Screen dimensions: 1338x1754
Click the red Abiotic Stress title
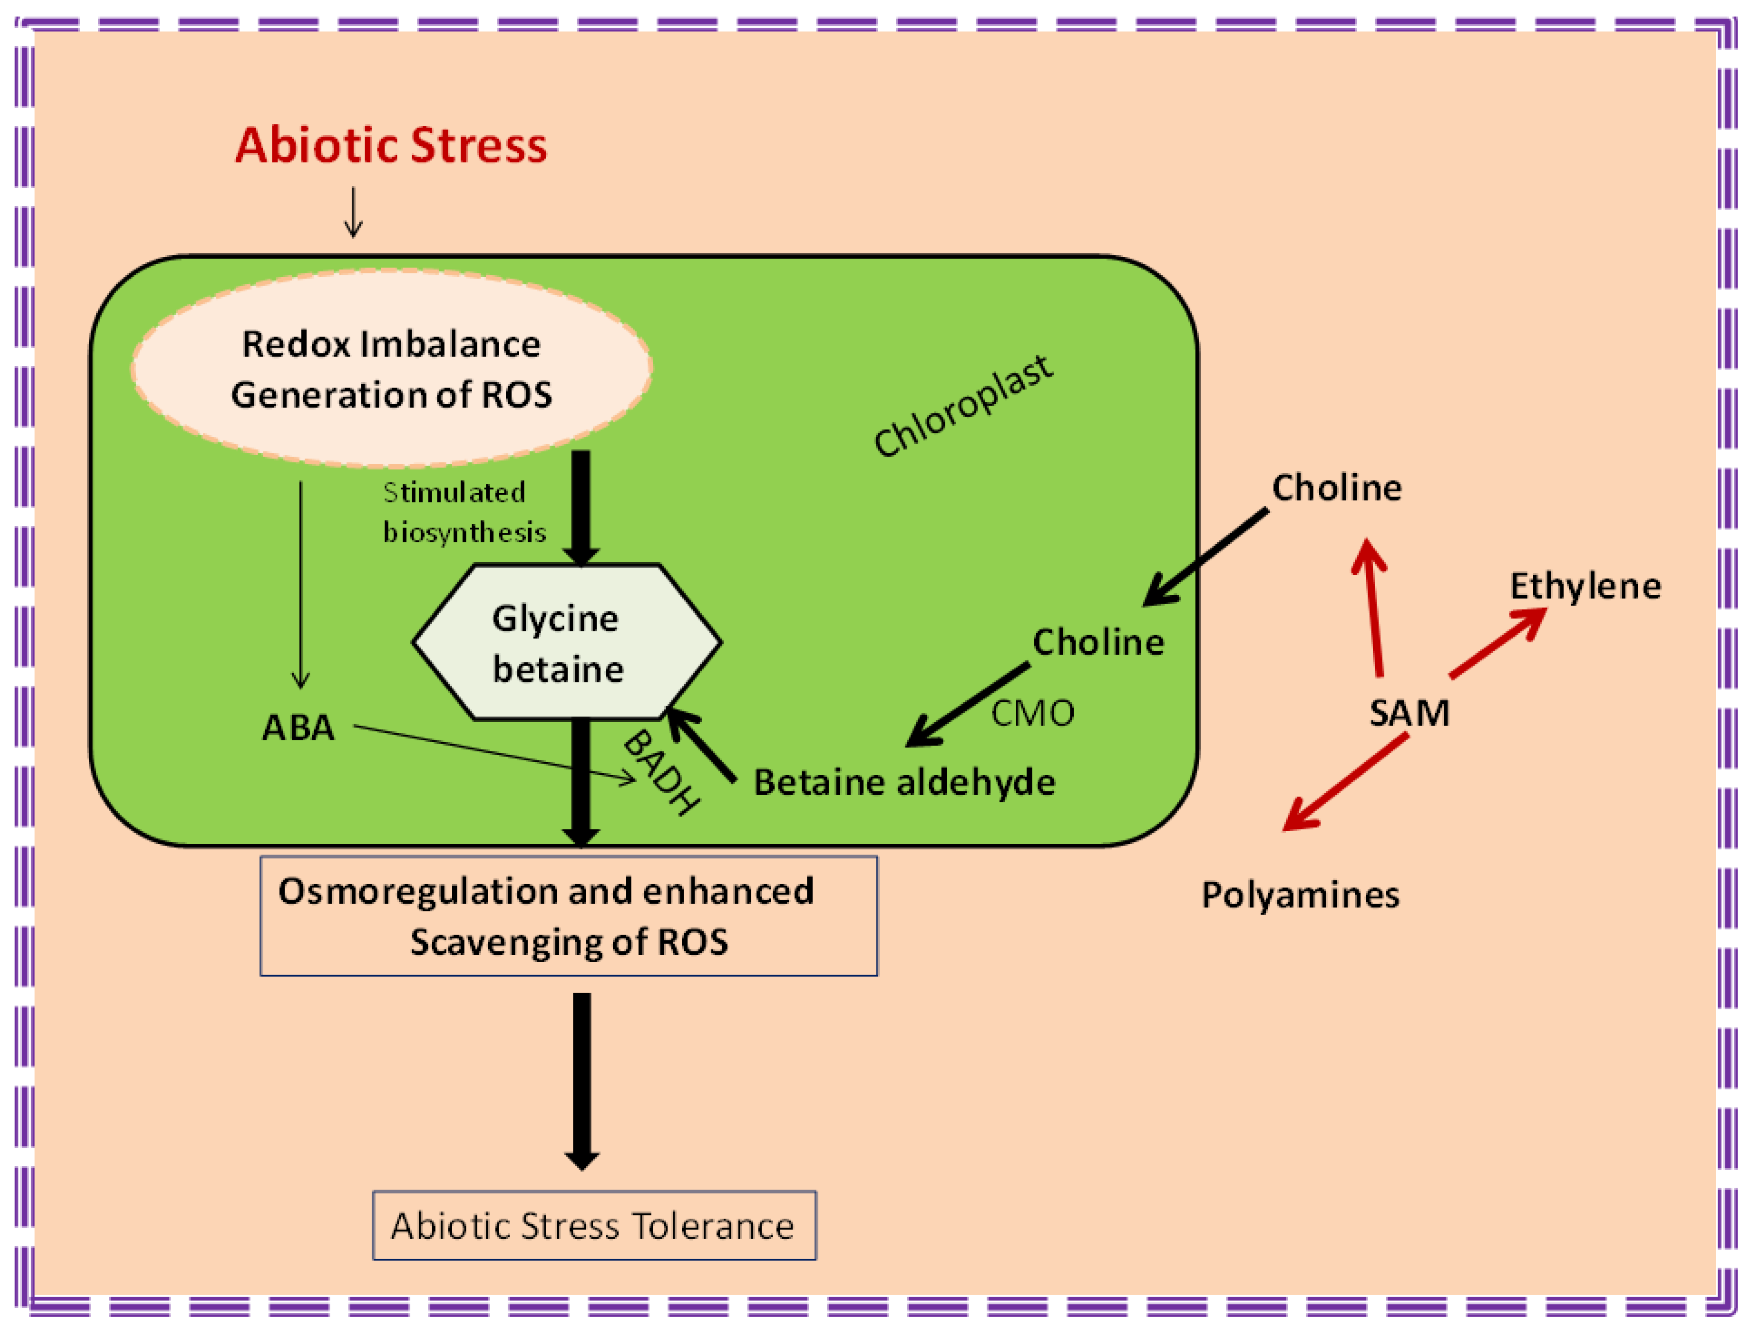click(x=391, y=146)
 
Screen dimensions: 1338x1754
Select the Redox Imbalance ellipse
click(x=391, y=369)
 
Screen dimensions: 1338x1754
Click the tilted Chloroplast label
click(x=963, y=406)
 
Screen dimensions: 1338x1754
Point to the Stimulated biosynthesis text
click(x=464, y=512)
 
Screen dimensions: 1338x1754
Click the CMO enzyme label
click(x=1033, y=714)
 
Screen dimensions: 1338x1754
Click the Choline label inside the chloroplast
click(x=1098, y=642)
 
